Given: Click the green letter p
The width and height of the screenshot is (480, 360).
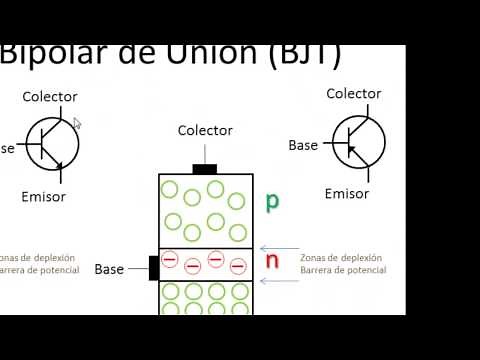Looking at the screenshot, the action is [x=271, y=201].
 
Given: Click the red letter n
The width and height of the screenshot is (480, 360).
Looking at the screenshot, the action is [x=271, y=261].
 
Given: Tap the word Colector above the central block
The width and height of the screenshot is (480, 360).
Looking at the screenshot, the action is [x=205, y=130].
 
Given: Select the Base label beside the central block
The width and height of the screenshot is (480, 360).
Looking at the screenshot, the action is [x=109, y=269].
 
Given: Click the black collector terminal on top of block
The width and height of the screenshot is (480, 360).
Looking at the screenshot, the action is [x=205, y=169].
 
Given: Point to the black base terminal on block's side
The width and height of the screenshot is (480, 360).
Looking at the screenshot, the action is [x=154, y=268].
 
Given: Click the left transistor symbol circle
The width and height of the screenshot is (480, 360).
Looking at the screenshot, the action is [x=52, y=144].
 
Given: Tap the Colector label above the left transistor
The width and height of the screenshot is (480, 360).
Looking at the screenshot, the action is [x=50, y=97].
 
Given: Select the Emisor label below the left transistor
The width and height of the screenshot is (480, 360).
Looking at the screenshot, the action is [x=44, y=196].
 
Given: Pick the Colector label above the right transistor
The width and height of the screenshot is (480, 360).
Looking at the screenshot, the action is [x=354, y=93].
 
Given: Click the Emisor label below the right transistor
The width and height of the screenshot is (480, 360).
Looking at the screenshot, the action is [x=347, y=193].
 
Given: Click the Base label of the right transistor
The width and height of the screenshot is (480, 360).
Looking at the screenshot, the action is [x=303, y=145].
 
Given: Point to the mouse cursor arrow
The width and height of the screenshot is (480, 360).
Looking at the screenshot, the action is [x=77, y=123].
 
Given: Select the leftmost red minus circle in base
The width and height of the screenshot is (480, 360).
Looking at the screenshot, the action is [x=170, y=262].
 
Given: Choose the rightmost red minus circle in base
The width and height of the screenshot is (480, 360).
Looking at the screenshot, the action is [x=238, y=265].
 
